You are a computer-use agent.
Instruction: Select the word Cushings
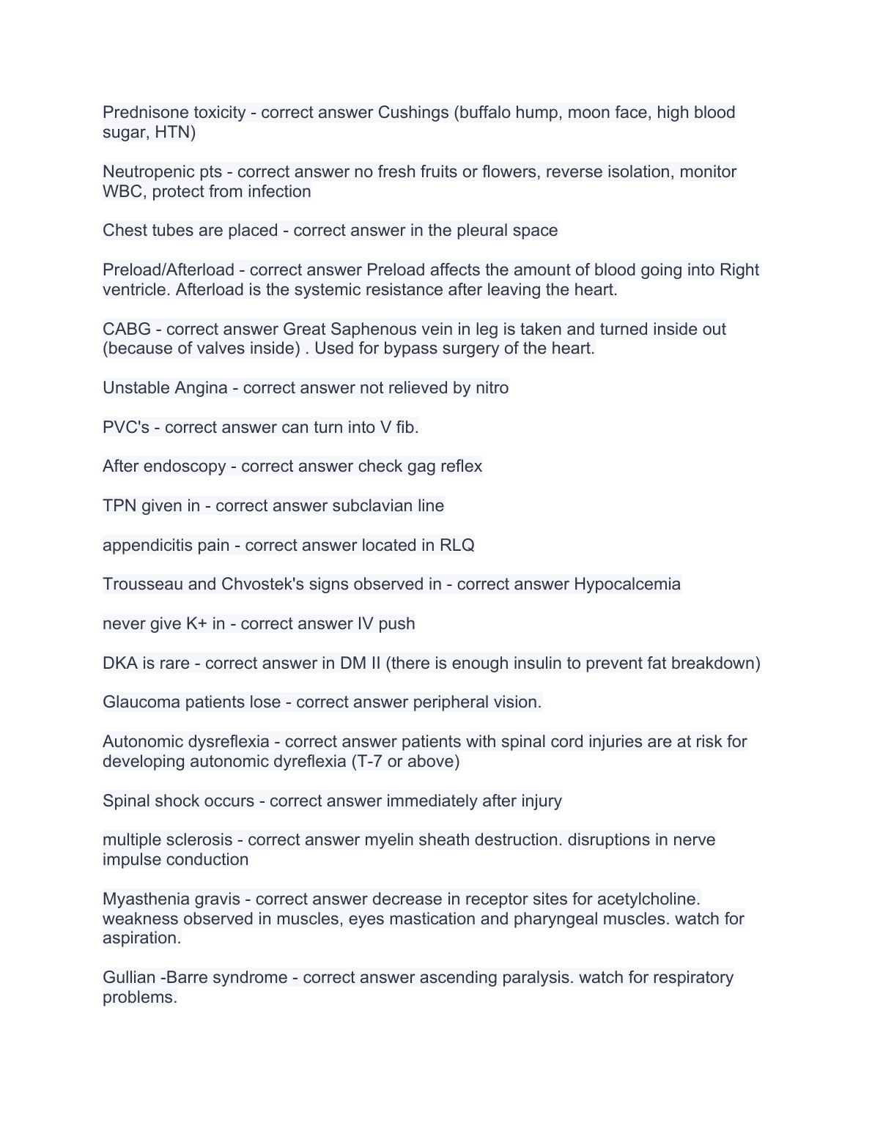click(413, 113)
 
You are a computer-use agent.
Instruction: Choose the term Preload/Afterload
click(169, 270)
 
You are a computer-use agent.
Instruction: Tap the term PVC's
click(126, 428)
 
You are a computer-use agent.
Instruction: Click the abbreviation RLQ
click(457, 546)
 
